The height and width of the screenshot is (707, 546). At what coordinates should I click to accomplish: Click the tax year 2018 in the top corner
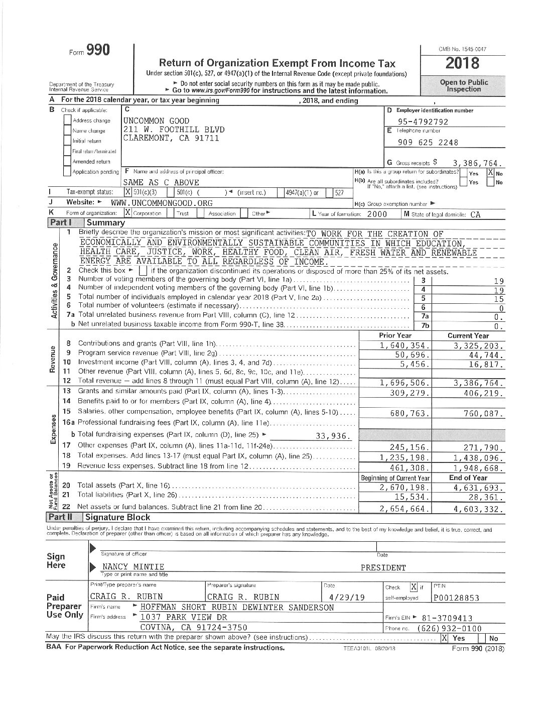(462, 64)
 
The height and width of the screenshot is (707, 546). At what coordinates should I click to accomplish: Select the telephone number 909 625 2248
(428, 142)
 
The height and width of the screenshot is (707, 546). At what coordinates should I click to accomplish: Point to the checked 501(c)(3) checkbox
(128, 192)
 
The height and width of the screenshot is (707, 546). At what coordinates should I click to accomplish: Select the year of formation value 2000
(376, 213)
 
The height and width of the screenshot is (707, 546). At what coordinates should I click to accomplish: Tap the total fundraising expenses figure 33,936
(333, 436)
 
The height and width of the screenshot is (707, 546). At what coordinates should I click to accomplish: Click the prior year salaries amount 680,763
(409, 414)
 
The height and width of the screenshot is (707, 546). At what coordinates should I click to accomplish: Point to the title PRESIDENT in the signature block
(383, 568)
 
